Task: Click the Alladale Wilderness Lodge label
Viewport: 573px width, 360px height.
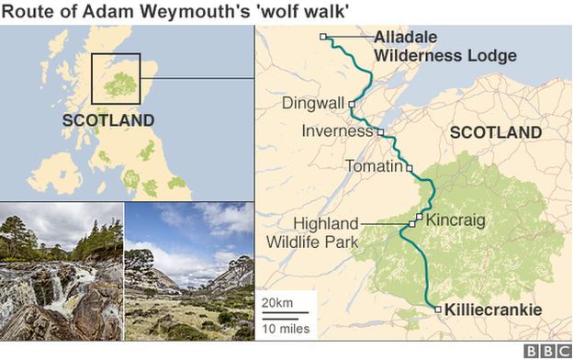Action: [444, 46]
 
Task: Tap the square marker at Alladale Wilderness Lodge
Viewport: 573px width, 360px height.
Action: [323, 37]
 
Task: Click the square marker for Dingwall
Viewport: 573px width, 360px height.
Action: [352, 105]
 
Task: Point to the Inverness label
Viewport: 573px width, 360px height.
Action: [338, 132]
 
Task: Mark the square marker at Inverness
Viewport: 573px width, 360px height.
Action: [381, 132]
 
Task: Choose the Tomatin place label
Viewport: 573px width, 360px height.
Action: [373, 167]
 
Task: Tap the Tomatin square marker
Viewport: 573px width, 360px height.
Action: [410, 168]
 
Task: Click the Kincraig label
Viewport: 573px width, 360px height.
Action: [455, 219]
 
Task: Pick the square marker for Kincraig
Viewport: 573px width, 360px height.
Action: [420, 219]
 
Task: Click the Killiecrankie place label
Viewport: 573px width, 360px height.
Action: [492, 310]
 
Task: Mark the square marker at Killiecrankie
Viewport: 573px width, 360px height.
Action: [438, 309]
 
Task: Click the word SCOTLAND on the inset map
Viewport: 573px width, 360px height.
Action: [108, 120]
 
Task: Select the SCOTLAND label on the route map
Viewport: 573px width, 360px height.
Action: [496, 133]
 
